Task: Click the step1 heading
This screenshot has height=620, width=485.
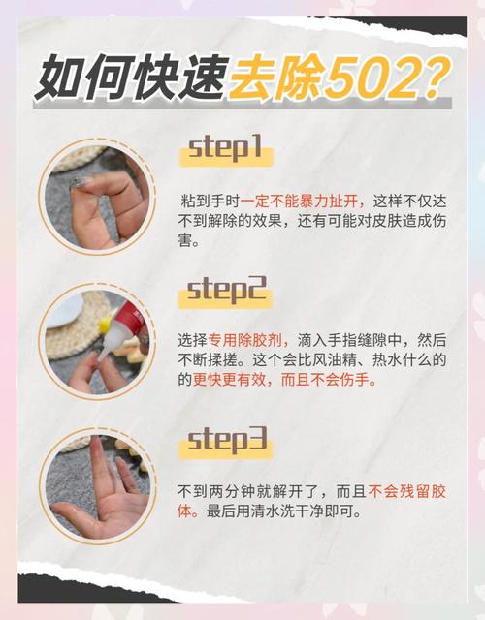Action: click(x=226, y=148)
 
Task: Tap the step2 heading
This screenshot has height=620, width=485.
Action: click(x=226, y=291)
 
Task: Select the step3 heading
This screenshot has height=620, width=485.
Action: click(x=227, y=440)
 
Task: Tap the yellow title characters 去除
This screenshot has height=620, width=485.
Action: click(x=275, y=77)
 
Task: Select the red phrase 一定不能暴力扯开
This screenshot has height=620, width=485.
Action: click(x=302, y=201)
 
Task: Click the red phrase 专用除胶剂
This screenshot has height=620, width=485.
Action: click(x=245, y=340)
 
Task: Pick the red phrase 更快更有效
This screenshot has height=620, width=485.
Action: click(x=229, y=380)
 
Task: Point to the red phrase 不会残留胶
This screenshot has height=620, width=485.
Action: click(x=406, y=492)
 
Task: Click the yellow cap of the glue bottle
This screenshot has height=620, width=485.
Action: click(x=105, y=324)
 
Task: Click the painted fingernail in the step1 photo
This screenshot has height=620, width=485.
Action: click(x=80, y=182)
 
